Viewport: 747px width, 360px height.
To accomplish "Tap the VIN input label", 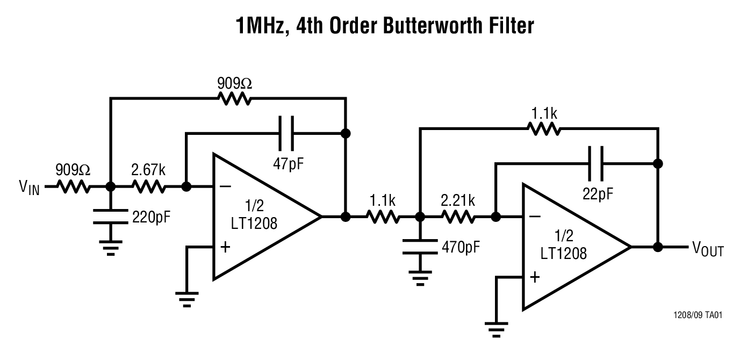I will click(30, 188).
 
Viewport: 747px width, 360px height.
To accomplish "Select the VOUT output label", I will click(708, 249).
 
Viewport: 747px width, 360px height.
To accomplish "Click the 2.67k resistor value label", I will click(149, 171).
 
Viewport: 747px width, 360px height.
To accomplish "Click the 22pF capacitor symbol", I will click(595, 163).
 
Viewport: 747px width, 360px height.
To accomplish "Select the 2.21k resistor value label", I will click(458, 201).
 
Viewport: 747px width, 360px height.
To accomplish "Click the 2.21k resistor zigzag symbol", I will click(458, 217).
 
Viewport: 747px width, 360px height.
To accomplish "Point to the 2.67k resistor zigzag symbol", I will click(148, 187).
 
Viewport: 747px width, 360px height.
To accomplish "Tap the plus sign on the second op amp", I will click(535, 277).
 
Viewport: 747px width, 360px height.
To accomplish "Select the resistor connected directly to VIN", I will click(73, 187).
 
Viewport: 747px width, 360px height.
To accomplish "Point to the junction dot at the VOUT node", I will click(657, 247).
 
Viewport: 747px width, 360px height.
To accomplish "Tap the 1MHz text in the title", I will click(261, 25).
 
